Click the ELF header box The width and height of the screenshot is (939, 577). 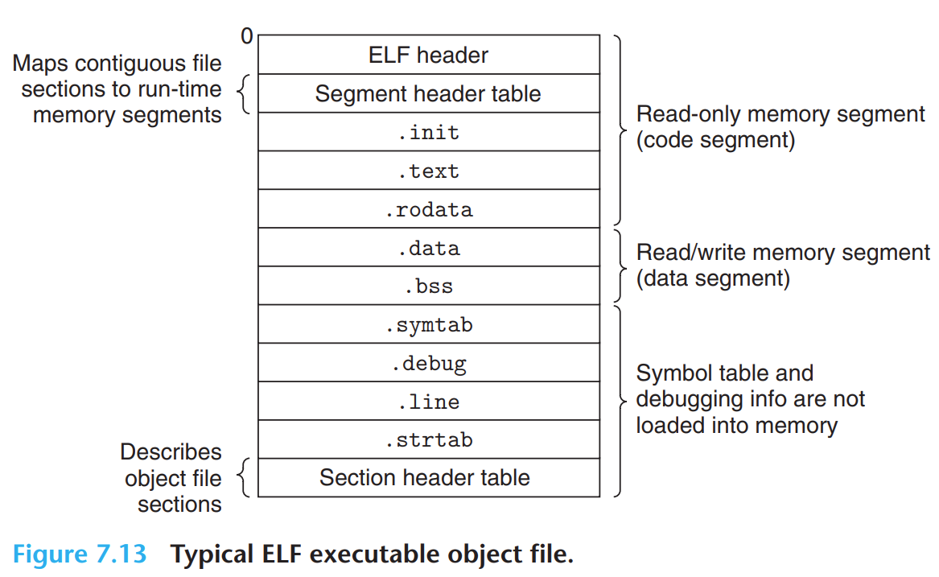pos(428,55)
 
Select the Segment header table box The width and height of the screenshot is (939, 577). pos(428,93)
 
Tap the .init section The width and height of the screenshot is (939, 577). pos(428,132)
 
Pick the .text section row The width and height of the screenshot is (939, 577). pos(428,171)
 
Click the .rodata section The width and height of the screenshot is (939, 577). pos(428,209)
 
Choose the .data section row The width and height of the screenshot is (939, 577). pos(428,248)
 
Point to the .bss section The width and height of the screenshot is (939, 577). pos(428,286)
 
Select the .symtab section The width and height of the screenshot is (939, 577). pos(428,324)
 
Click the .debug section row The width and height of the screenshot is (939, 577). pos(428,363)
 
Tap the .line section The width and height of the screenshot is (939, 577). pos(428,401)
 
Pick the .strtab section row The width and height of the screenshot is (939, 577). pos(428,439)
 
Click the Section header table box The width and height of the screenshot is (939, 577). pos(428,477)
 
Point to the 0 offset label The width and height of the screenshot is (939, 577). pos(246,36)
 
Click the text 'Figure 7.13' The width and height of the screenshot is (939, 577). pos(80,554)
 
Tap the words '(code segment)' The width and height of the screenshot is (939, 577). pos(715,140)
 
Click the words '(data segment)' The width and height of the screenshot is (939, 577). pos(713,278)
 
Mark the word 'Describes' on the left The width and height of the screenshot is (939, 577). pos(171,451)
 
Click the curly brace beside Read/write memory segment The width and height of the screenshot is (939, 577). pos(620,266)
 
